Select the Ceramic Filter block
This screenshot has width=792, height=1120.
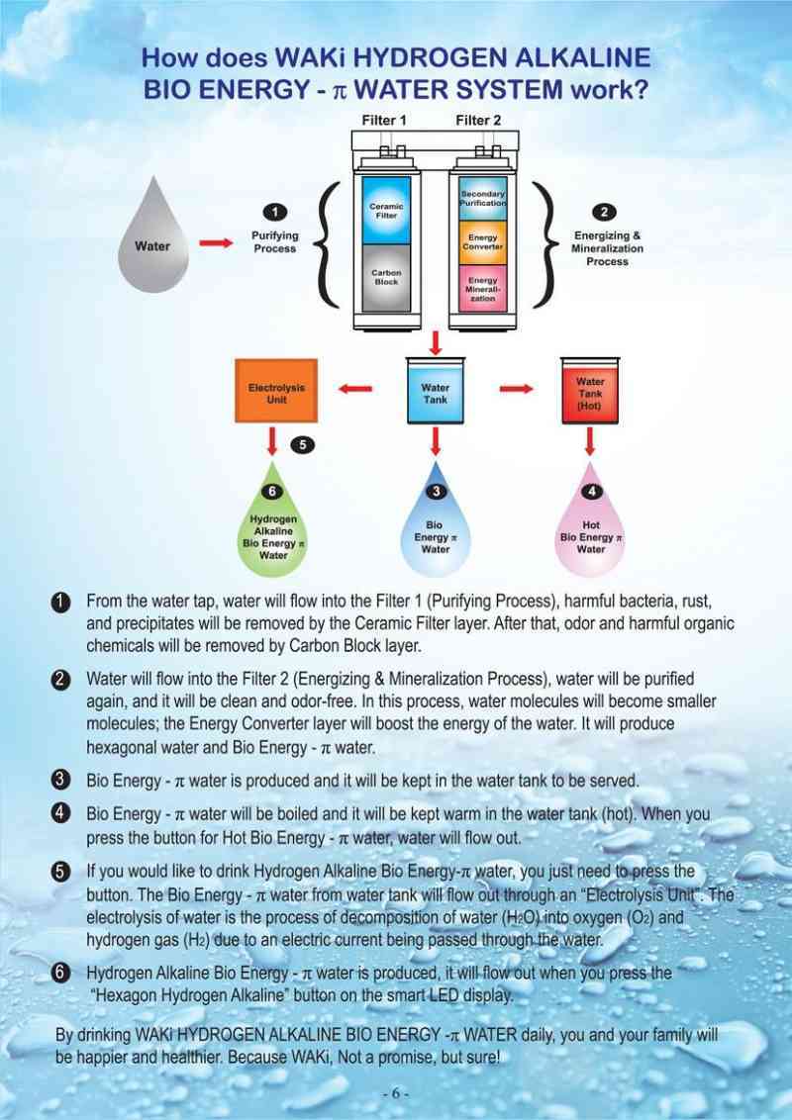pos(386,209)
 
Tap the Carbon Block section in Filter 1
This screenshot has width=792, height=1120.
pos(386,278)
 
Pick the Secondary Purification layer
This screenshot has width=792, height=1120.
pos(483,197)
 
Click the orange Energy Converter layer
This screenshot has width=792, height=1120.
pos(483,241)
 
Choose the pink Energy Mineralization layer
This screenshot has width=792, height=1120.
pos(483,287)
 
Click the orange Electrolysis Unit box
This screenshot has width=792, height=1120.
pos(276,389)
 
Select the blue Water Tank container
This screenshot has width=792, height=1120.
pos(436,393)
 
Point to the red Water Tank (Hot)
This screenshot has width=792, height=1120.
pos(590,393)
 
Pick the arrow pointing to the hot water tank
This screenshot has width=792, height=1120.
pos(515,389)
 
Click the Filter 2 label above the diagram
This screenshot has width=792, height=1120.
pos(478,120)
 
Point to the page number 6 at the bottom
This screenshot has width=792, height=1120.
pos(395,1094)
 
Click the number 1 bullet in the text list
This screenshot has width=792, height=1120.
pos(61,603)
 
